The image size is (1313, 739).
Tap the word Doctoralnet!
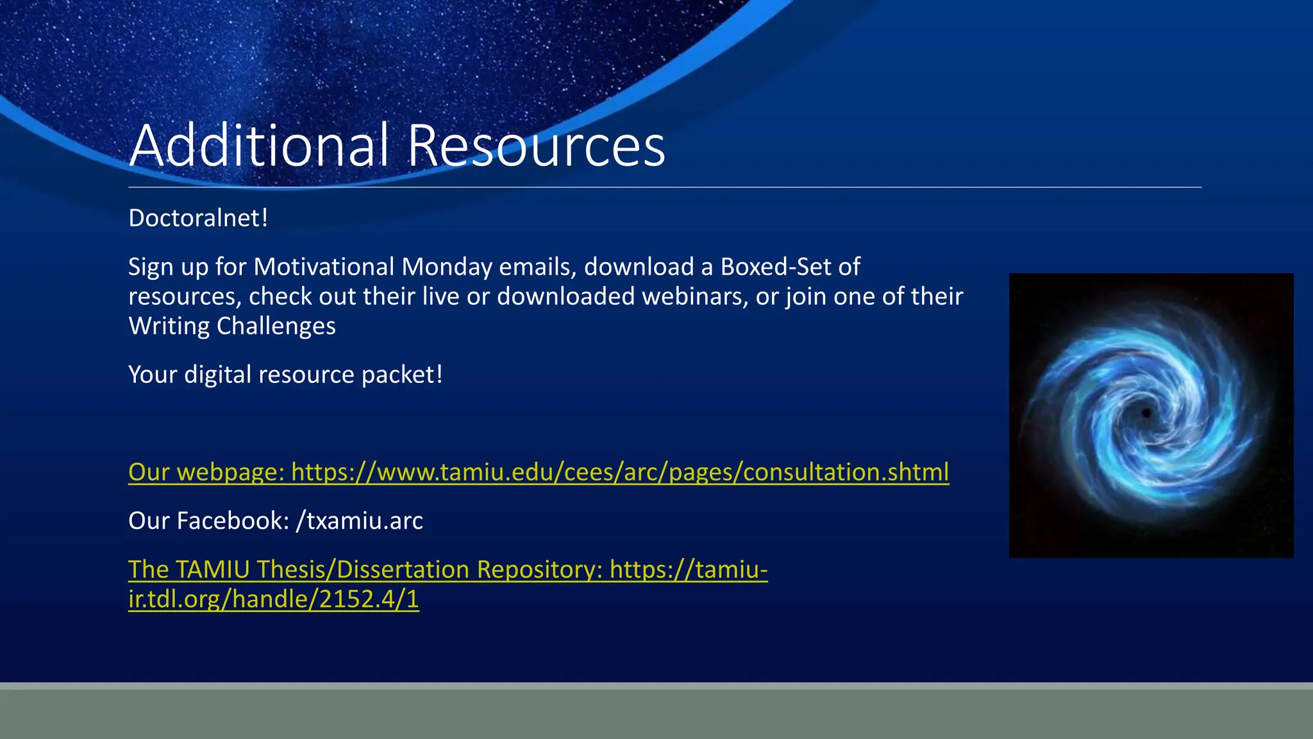click(198, 218)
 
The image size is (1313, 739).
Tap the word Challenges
click(276, 326)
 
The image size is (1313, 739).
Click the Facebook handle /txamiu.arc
click(359, 521)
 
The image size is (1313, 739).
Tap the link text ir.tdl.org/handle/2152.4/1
click(274, 599)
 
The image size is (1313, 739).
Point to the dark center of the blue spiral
click(1146, 413)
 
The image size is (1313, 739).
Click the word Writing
click(169, 326)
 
